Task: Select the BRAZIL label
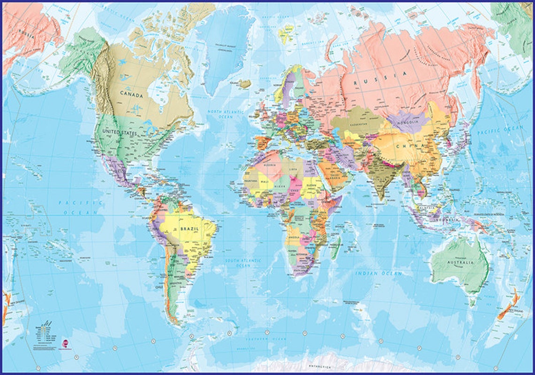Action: [190, 228]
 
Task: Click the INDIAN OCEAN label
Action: [378, 273]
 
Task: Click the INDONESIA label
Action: [446, 219]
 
